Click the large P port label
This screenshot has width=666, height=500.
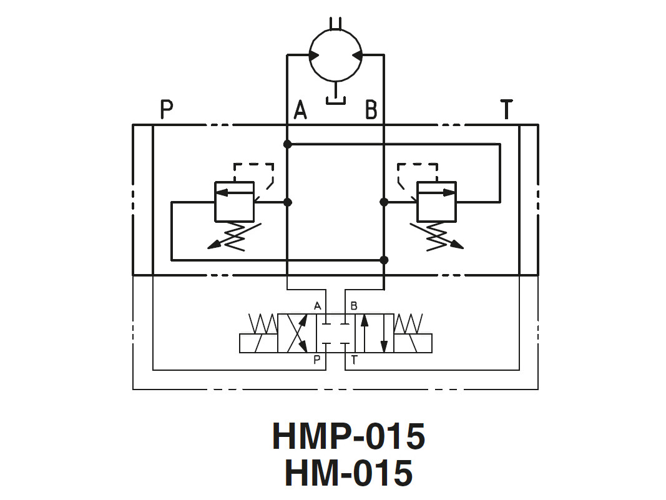point(166,109)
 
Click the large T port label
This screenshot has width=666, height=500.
point(506,109)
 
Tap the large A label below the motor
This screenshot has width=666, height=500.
point(300,110)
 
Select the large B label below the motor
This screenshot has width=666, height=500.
point(371,110)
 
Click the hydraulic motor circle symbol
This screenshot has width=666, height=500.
point(335,55)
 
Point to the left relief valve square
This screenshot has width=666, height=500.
point(234,201)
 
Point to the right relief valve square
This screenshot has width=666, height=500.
point(436,201)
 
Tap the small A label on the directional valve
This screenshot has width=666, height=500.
point(317,306)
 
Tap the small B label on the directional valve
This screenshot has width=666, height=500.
point(354,306)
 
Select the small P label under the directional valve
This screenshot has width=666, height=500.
point(317,360)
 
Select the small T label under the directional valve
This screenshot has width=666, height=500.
point(354,360)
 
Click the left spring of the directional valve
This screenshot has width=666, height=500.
point(263,324)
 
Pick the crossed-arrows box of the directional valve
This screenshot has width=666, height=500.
point(297,333)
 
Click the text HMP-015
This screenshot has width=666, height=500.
point(348,436)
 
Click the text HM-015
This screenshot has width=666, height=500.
point(348,473)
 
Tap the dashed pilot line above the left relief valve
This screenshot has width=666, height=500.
point(253,165)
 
